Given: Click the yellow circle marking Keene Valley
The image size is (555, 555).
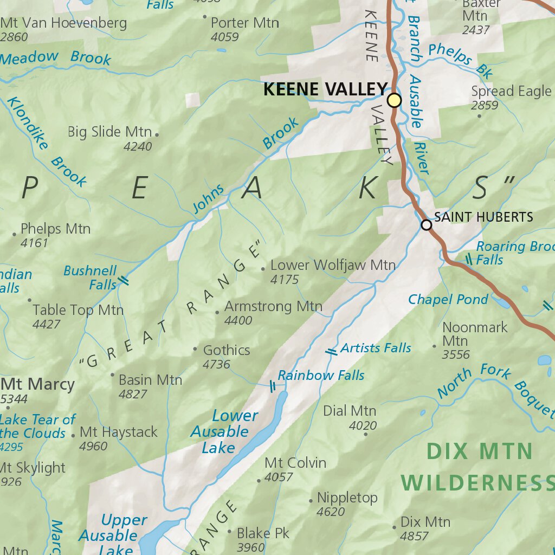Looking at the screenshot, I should [395, 100].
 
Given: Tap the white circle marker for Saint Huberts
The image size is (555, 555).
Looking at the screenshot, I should [427, 224].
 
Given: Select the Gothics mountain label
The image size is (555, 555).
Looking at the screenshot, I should [227, 350].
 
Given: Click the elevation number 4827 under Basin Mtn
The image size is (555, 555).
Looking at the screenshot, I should [133, 394].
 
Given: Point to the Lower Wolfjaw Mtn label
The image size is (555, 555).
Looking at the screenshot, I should [333, 265].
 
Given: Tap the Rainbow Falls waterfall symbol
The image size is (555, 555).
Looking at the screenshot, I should [273, 386].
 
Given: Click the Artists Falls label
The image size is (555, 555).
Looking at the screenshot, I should [376, 348].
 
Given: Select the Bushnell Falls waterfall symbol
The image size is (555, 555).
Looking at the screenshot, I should [124, 280].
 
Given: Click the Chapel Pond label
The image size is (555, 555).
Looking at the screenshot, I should [448, 299].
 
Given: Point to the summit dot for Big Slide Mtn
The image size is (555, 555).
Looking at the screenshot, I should [157, 134].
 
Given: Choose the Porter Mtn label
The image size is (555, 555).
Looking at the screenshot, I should [244, 23].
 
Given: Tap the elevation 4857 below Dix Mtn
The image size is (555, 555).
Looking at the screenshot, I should [414, 536].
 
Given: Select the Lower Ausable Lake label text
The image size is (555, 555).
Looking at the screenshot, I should [220, 431].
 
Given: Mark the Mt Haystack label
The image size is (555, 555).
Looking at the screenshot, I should [118, 432].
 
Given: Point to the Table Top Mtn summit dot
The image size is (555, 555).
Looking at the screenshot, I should [29, 300].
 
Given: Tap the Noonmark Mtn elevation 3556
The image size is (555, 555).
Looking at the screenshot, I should [455, 355].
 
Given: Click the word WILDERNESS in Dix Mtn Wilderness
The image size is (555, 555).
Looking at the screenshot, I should [477, 482].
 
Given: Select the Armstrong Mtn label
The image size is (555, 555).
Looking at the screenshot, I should [273, 306].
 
